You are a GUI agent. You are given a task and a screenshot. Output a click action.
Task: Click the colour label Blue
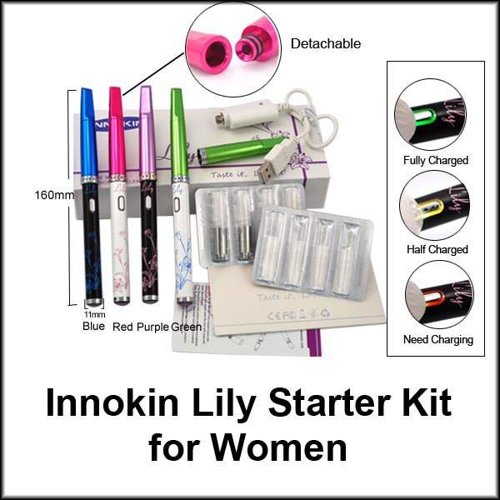click(93, 326)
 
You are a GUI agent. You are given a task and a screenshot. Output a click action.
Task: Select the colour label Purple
click(152, 326)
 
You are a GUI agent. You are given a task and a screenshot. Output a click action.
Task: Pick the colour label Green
click(187, 326)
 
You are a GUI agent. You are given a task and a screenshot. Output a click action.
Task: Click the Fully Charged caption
click(435, 160)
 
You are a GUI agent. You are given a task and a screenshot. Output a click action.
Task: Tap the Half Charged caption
click(435, 249)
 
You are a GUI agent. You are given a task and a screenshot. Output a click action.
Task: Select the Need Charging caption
click(435, 339)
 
